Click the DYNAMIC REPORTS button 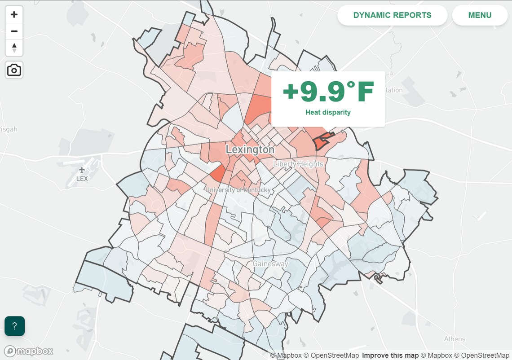[x=392, y=15]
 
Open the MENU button [x=480, y=15]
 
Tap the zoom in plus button [x=14, y=14]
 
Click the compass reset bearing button [x=14, y=48]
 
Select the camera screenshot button [x=14, y=70]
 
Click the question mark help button [x=14, y=326]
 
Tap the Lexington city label [x=250, y=149]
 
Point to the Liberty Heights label [x=298, y=164]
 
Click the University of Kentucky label [x=238, y=190]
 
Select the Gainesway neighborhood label [x=270, y=263]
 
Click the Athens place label [x=455, y=339]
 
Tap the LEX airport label [x=82, y=178]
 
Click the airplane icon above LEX [x=82, y=170]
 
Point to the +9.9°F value [x=328, y=92]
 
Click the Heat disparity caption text [x=328, y=112]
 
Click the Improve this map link [x=390, y=356]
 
